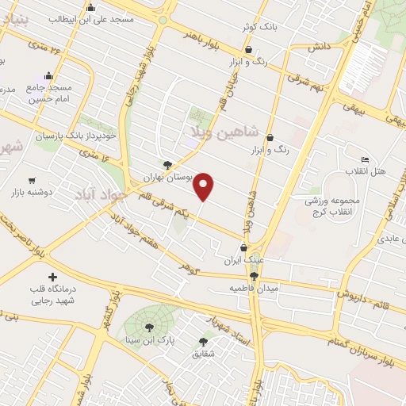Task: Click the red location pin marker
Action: (205, 185)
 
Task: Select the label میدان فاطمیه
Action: (255, 287)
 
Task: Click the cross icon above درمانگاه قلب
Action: (53, 277)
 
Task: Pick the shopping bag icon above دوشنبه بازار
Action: (32, 180)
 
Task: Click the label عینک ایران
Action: (244, 260)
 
